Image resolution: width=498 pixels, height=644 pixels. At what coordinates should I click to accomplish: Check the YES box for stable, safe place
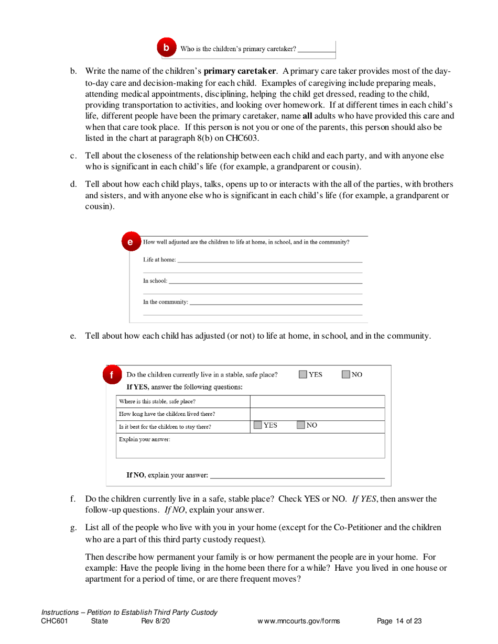tap(304, 374)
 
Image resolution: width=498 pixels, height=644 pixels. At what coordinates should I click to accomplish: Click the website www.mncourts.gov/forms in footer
tap(298, 621)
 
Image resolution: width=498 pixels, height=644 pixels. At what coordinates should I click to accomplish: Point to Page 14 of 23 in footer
tap(399, 621)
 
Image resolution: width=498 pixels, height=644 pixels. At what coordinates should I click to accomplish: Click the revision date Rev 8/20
tap(156, 621)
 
